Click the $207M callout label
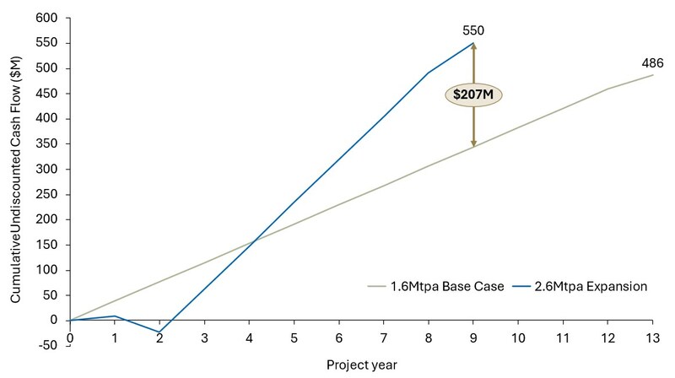pyautogui.click(x=473, y=94)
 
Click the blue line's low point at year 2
pyautogui.click(x=159, y=332)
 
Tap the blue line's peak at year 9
pyautogui.click(x=473, y=43)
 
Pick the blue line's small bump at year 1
pyautogui.click(x=115, y=316)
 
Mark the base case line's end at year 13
pyautogui.click(x=653, y=75)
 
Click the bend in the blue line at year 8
pyautogui.click(x=429, y=73)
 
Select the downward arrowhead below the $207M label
pyautogui.click(x=473, y=143)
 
